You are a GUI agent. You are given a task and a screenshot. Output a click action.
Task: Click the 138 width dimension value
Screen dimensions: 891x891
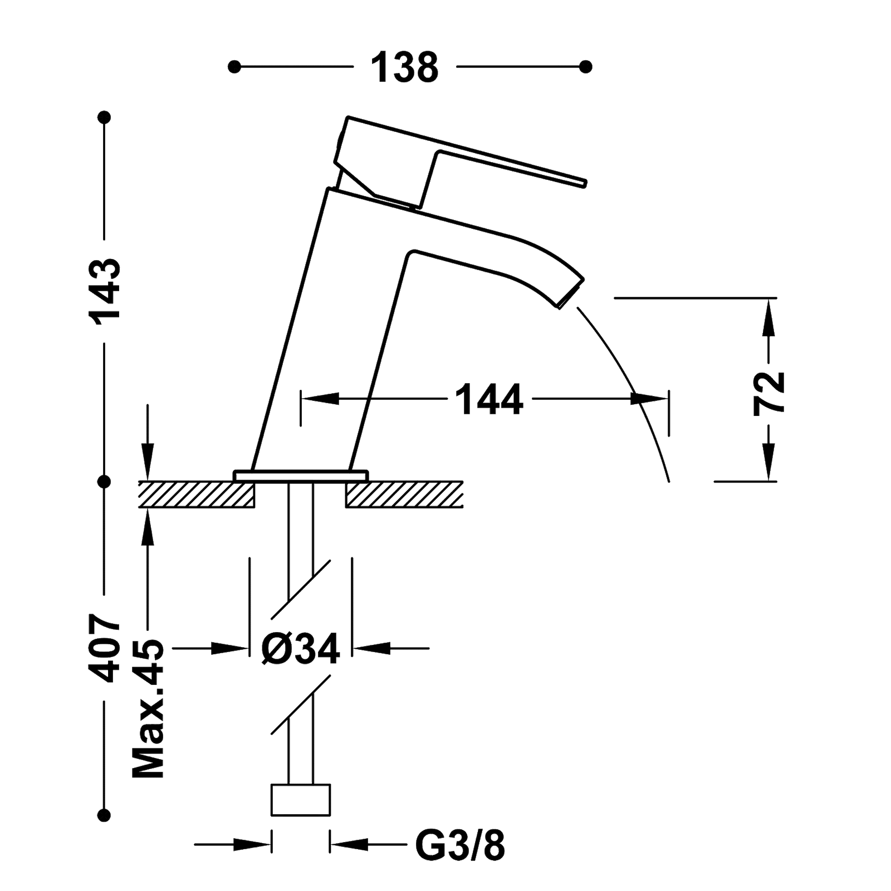point(405,67)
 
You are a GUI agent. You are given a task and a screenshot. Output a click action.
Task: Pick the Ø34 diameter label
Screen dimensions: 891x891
point(300,649)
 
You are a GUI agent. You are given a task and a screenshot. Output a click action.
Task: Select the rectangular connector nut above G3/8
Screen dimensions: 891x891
point(300,801)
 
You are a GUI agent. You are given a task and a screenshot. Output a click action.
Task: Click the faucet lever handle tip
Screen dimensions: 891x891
point(582,182)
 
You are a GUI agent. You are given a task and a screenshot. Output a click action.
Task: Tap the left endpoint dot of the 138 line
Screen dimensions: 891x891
point(234,67)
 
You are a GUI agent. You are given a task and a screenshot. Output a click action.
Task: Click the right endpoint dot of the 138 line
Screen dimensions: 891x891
point(585,67)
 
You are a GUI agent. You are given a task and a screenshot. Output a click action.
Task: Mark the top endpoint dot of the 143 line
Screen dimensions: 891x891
point(104,118)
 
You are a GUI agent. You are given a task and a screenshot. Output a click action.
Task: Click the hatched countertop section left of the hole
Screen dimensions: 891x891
point(195,495)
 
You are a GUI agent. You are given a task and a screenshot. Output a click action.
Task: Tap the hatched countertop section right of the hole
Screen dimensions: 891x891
point(404,495)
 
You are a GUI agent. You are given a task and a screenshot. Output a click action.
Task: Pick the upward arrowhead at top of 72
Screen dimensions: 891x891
point(769,317)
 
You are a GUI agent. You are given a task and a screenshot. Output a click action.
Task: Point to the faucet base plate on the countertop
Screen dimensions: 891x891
point(300,474)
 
